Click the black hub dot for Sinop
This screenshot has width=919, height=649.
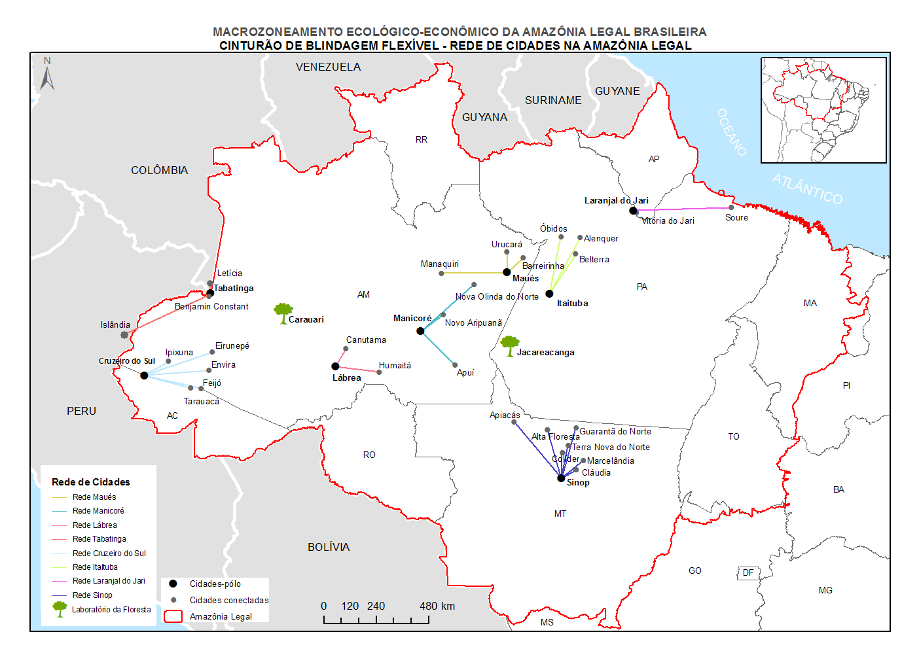tap(561, 478)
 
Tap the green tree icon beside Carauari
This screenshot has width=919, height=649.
tap(283, 313)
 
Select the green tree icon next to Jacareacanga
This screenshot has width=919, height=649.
tap(509, 345)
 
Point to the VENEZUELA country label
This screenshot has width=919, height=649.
tap(328, 67)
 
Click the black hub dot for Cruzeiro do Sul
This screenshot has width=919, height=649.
tap(144, 376)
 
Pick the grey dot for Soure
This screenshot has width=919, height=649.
tap(731, 208)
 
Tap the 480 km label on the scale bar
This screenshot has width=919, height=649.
tap(437, 606)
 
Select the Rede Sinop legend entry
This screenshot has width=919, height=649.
tap(92, 595)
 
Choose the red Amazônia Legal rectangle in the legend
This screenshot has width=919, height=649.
tap(173, 616)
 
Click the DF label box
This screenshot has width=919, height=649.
tap(748, 573)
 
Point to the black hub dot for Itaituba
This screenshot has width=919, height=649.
tap(549, 294)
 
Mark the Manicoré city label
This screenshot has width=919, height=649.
tap(412, 319)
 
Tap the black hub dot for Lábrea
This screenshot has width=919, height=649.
tap(335, 366)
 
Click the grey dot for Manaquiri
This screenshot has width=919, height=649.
tap(441, 273)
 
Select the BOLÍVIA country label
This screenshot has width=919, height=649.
tap(329, 547)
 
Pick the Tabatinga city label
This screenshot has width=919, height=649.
tap(234, 289)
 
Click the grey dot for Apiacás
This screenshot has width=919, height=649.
tap(514, 422)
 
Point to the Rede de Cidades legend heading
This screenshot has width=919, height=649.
tap(91, 482)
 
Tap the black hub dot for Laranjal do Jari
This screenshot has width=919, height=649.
tap(633, 211)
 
